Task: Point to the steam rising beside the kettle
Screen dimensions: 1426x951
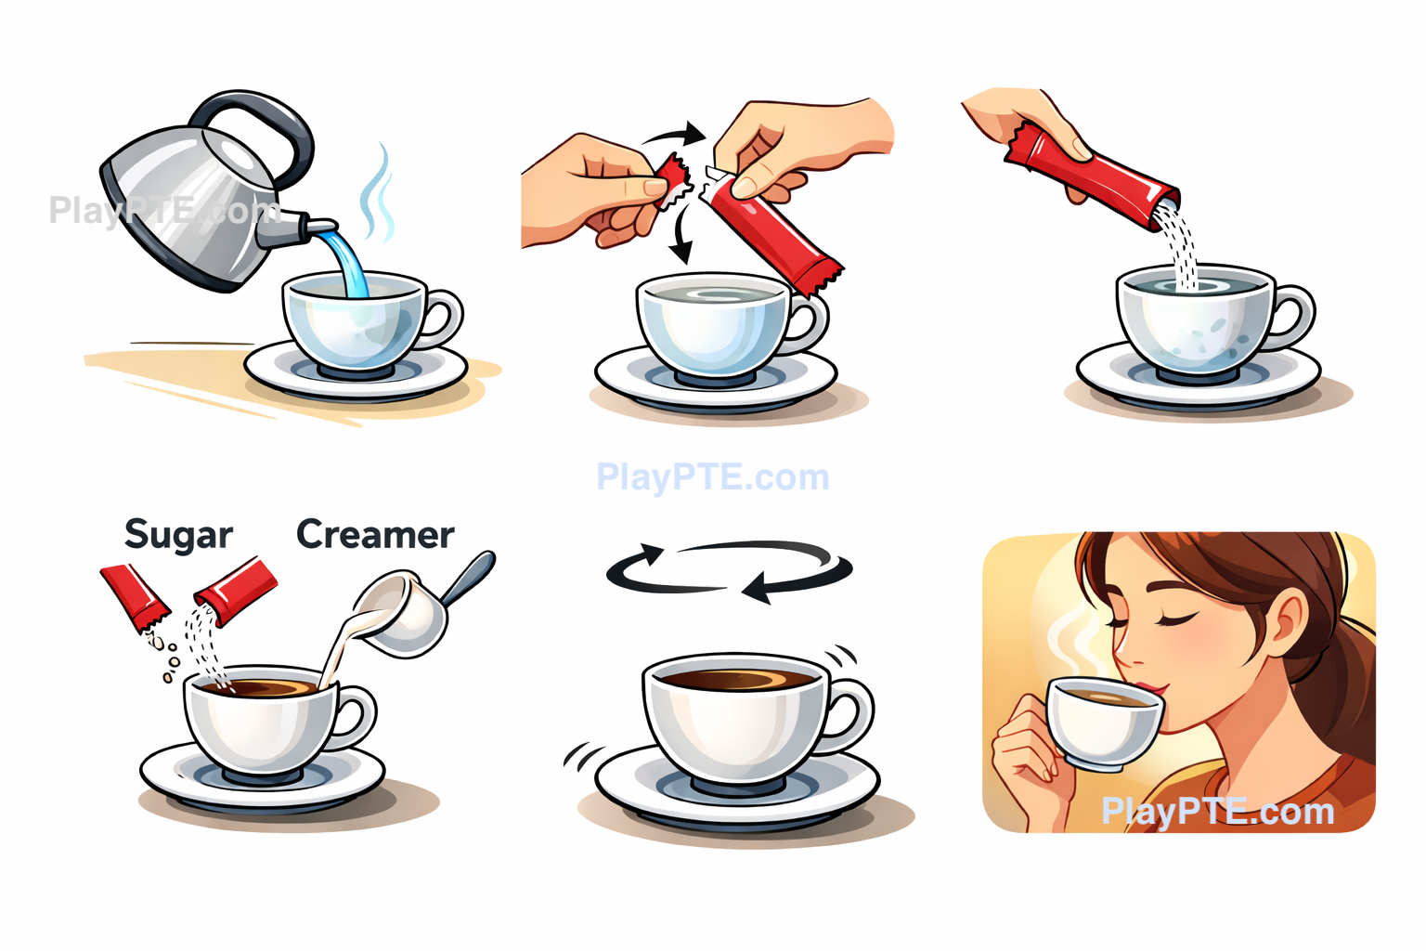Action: tap(378, 191)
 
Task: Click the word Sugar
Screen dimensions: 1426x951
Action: tap(179, 534)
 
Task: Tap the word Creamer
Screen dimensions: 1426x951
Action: tap(376, 534)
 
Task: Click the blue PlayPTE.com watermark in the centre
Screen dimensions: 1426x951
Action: tap(713, 477)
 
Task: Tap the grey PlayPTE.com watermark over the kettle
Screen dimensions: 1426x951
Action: tap(164, 210)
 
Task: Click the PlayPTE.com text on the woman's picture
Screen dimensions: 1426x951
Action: tap(1218, 812)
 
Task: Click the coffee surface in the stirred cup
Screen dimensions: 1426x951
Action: tap(737, 679)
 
